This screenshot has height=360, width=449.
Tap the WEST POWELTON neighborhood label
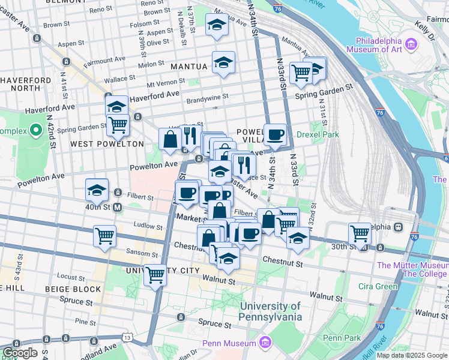pos(107,144)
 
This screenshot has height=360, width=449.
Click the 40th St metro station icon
pos(118,207)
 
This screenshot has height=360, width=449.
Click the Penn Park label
pos(341,338)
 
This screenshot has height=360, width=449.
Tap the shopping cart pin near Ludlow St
pos(105,235)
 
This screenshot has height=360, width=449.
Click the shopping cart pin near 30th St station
pos(360,232)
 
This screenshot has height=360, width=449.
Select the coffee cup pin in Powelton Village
pos(276,134)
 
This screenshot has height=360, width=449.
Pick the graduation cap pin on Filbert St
pos(97,190)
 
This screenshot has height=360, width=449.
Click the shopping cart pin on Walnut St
pos(155,275)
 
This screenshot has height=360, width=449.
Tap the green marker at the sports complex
pos(36,130)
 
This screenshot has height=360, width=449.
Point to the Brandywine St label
pos(207,96)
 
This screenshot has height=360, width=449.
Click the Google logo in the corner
pos(20,353)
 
